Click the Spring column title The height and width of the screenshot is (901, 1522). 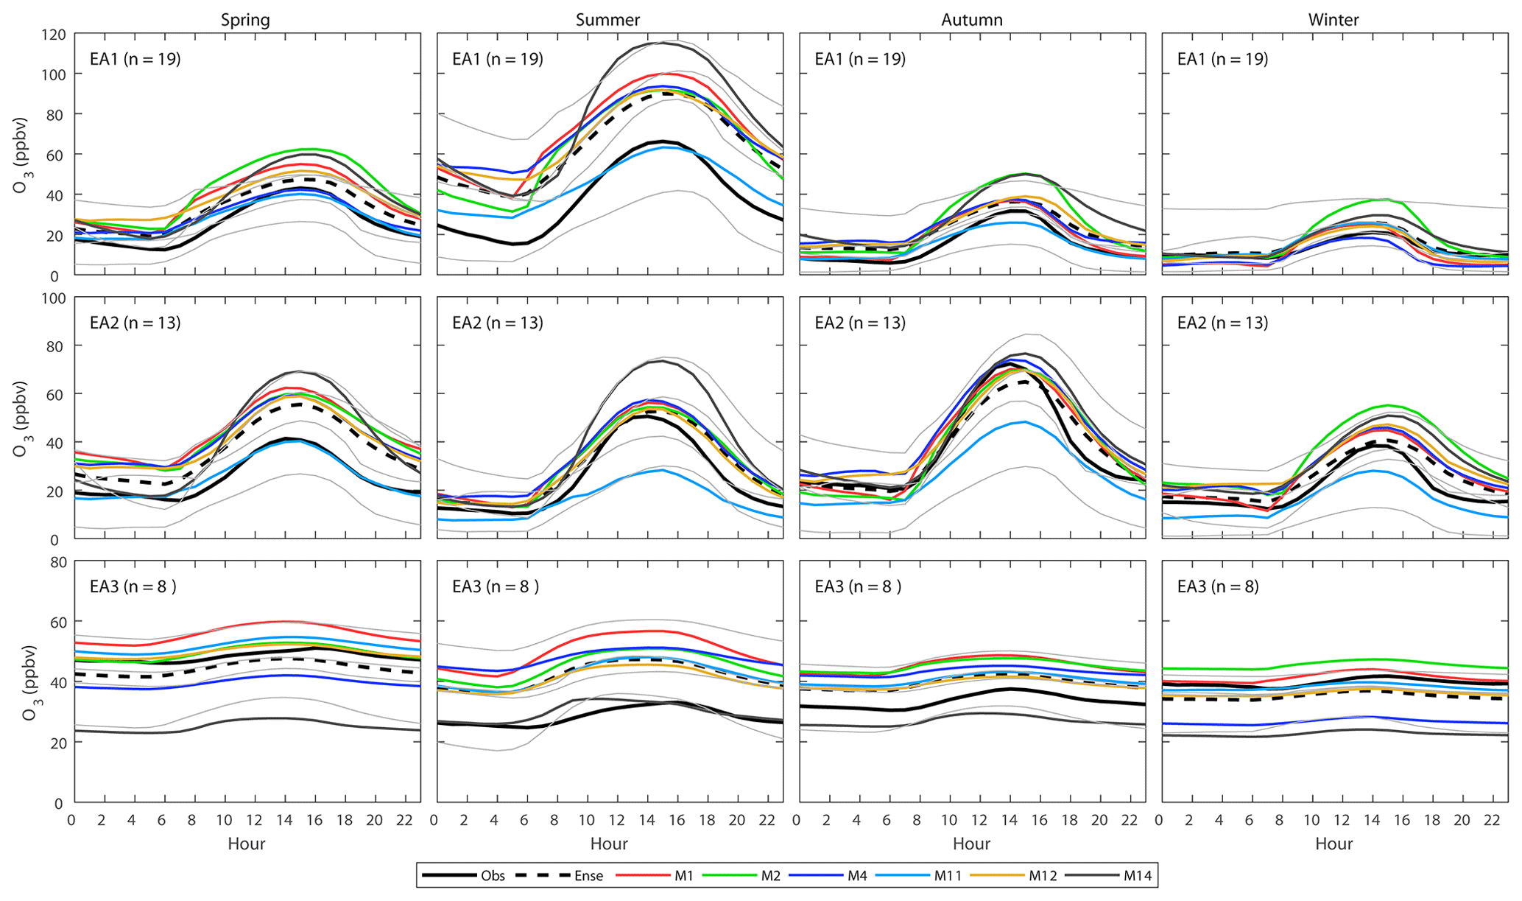[x=245, y=20]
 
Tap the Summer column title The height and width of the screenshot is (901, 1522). [x=607, y=20]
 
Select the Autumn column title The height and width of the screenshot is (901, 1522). [x=972, y=20]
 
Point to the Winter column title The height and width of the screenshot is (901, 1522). [x=1333, y=20]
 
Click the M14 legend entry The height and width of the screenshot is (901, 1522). [x=1137, y=876]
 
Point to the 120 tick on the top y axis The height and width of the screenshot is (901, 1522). [x=54, y=35]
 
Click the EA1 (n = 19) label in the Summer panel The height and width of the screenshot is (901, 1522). [x=498, y=59]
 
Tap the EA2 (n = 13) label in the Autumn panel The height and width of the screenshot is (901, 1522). [x=860, y=323]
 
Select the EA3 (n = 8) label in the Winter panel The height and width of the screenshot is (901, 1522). [x=1218, y=586]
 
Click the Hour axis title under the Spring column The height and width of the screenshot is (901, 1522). [x=246, y=844]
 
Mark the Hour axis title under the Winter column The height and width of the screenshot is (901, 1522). [x=1333, y=844]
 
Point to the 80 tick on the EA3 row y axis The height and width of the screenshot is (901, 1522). [x=57, y=562]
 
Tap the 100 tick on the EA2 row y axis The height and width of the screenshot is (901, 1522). [x=54, y=298]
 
